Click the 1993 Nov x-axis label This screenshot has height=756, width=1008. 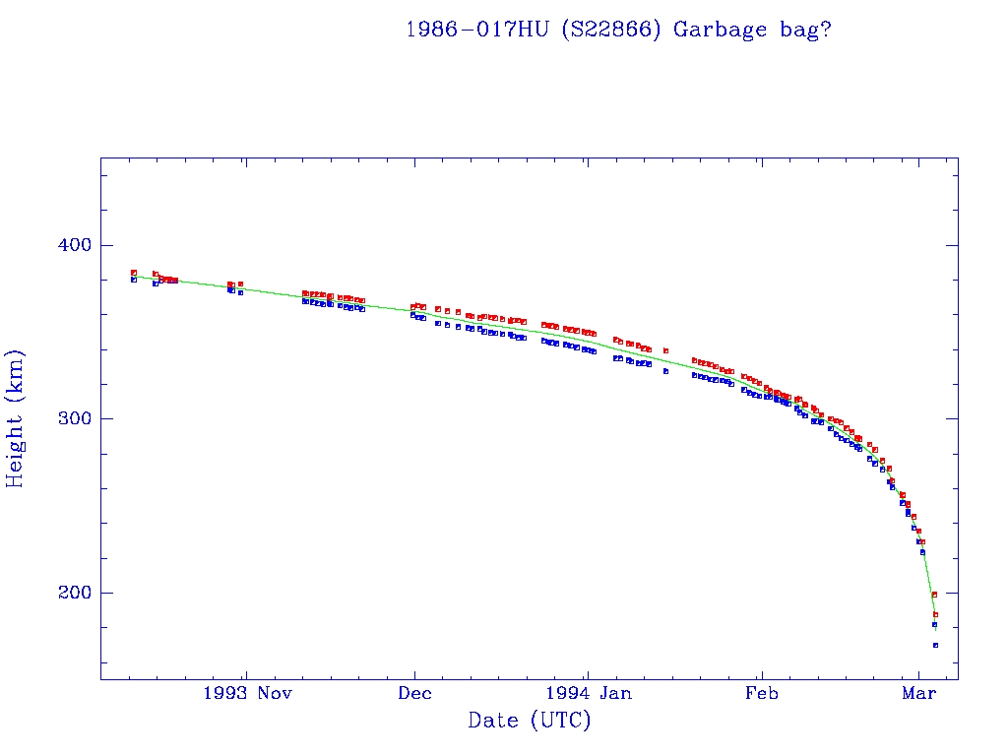(247, 694)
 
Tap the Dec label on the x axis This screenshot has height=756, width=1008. (414, 694)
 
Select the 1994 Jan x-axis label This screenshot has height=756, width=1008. (588, 694)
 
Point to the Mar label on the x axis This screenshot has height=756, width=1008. (918, 694)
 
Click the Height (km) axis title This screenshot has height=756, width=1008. (16, 418)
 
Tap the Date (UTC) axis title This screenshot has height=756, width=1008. (530, 722)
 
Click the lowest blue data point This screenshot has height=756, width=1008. (935, 645)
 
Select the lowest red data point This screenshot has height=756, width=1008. (935, 614)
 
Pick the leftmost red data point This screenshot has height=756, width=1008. (134, 273)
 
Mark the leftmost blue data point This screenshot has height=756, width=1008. (134, 280)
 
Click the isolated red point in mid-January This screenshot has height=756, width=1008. (666, 350)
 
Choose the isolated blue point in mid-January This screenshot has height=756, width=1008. (666, 371)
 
